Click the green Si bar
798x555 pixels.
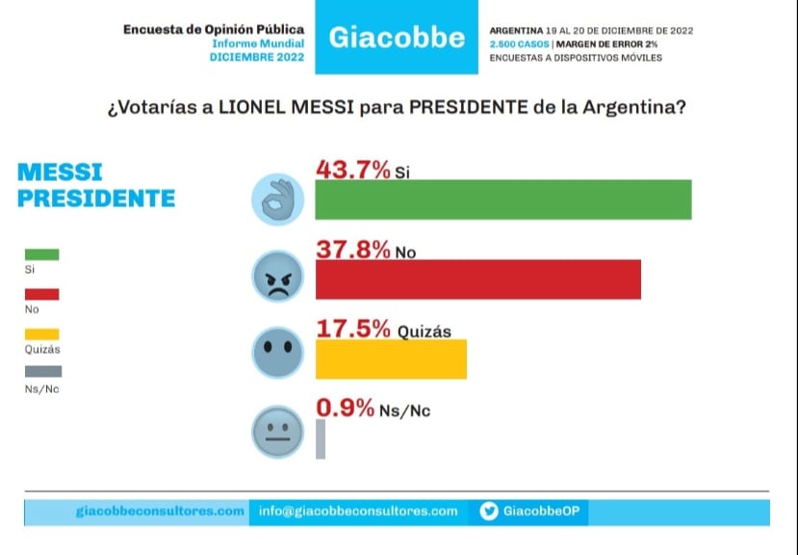pyautogui.click(x=503, y=199)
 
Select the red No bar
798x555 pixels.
pyautogui.click(x=478, y=279)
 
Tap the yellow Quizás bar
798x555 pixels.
pyautogui.click(x=391, y=358)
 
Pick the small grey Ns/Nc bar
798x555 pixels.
pyautogui.click(x=321, y=438)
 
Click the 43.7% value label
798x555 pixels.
pyautogui.click(x=353, y=170)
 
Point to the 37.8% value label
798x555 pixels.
pyautogui.click(x=353, y=250)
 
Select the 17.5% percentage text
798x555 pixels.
pyautogui.click(x=353, y=329)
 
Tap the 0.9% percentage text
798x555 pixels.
pyautogui.click(x=345, y=409)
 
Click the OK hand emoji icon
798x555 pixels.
pyautogui.click(x=277, y=199)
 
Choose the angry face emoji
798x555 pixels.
pyautogui.click(x=277, y=279)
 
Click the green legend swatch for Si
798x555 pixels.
pyautogui.click(x=41, y=254)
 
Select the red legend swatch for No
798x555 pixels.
pyautogui.click(x=41, y=294)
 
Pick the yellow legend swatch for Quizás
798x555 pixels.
pyautogui.click(x=41, y=333)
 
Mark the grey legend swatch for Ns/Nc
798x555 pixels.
pyautogui.click(x=41, y=371)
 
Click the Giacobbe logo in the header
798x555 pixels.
pyautogui.click(x=397, y=39)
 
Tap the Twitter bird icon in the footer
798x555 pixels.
pyautogui.click(x=488, y=512)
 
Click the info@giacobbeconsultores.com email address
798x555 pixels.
pyautogui.click(x=358, y=512)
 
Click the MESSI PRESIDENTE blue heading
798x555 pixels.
pyautogui.click(x=96, y=185)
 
